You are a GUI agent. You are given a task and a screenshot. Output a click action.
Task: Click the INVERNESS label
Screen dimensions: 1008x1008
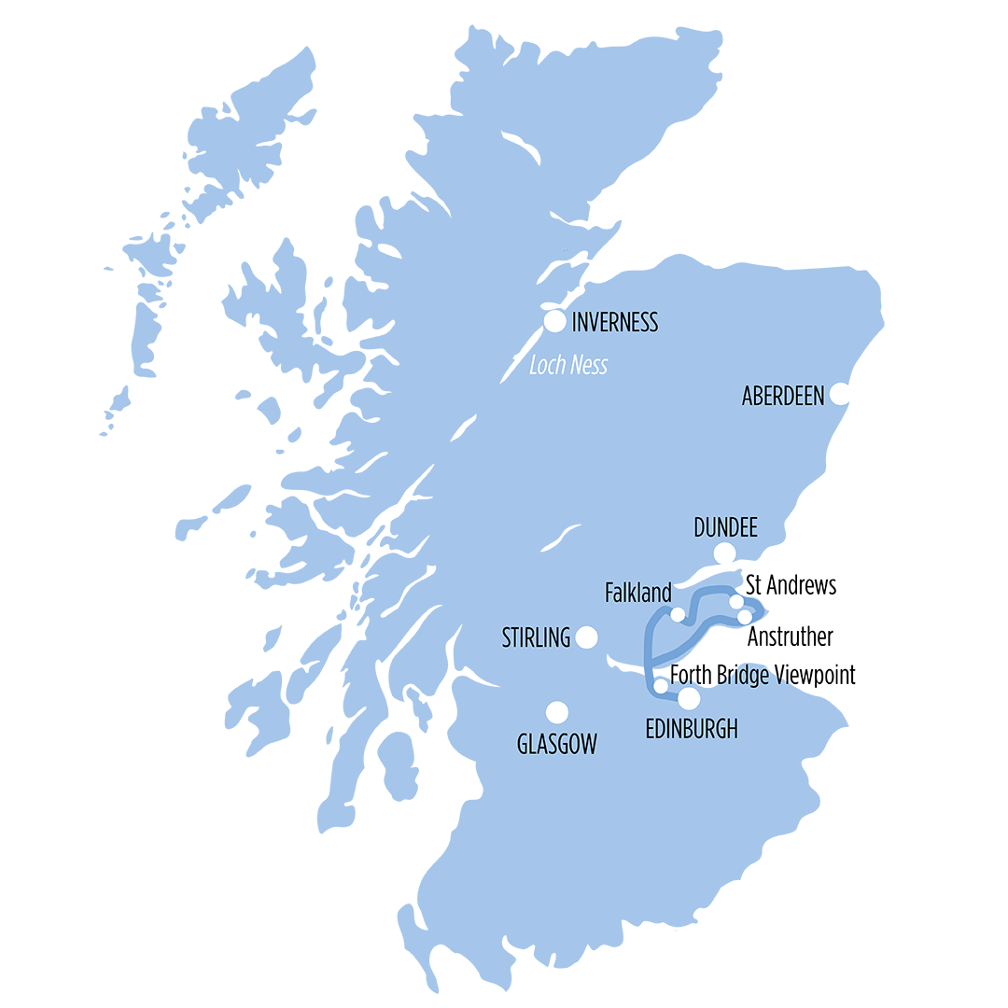pos(615,323)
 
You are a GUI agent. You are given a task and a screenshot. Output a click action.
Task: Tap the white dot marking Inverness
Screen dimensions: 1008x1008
pos(555,321)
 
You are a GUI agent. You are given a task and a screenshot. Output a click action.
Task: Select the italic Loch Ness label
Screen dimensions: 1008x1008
pos(568,365)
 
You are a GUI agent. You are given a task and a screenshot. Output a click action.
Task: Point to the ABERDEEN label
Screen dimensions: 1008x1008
pos(783,397)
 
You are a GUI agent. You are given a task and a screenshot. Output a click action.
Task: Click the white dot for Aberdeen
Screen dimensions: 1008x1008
pos(840,393)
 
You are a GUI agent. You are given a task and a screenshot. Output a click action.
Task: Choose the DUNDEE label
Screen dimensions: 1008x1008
pos(725,528)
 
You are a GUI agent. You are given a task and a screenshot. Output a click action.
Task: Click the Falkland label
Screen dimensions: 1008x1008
pos(638,593)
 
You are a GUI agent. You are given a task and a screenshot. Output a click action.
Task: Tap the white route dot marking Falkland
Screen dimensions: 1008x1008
pos(679,614)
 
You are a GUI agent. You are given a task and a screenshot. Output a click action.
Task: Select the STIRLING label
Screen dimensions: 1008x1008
pos(536,638)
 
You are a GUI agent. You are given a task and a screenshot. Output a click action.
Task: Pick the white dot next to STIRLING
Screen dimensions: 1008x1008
pos(586,637)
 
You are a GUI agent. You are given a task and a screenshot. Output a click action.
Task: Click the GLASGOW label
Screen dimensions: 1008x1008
pos(557,744)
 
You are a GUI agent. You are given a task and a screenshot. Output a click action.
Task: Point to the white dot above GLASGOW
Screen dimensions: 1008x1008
pos(557,713)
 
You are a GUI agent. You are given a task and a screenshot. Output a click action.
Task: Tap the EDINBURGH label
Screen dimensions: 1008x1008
pos(692,730)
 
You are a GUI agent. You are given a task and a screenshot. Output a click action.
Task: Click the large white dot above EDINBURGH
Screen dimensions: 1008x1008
pos(689,698)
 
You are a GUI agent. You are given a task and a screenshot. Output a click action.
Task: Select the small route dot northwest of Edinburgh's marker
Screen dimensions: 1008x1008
pos(661,686)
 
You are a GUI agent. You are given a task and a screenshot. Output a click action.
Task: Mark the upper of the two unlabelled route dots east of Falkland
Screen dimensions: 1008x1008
pos(735,601)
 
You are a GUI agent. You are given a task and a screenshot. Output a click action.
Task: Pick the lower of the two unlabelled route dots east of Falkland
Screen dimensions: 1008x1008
pos(744,617)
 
